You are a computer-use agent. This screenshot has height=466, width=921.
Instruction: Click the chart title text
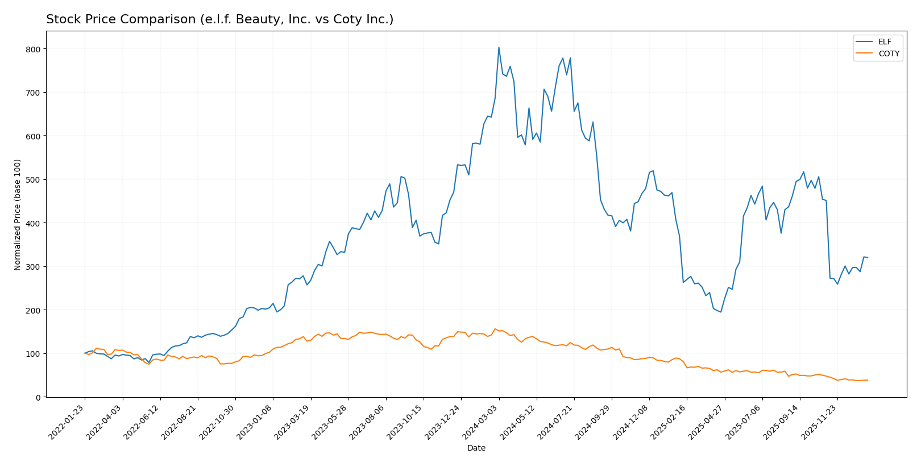click(x=219, y=19)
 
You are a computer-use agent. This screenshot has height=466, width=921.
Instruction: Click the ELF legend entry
click(x=884, y=42)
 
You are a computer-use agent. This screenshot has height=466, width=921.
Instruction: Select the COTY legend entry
click(x=888, y=54)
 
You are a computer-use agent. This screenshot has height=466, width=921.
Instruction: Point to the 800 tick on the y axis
click(x=34, y=49)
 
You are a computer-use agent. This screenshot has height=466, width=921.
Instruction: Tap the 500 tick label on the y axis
click(x=34, y=180)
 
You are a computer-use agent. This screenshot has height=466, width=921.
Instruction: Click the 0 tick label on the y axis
click(x=38, y=397)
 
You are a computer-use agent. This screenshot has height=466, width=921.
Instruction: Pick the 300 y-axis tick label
click(x=34, y=267)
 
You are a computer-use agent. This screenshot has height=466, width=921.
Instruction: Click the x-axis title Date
click(x=476, y=448)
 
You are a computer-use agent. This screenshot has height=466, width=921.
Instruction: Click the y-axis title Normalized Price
click(x=18, y=215)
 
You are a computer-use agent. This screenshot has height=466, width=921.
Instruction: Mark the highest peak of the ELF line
click(x=499, y=47)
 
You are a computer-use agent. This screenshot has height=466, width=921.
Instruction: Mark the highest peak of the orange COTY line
click(x=495, y=329)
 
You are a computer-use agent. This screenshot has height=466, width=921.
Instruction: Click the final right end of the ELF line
click(x=868, y=258)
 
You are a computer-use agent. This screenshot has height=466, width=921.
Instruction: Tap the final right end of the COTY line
click(x=868, y=380)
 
